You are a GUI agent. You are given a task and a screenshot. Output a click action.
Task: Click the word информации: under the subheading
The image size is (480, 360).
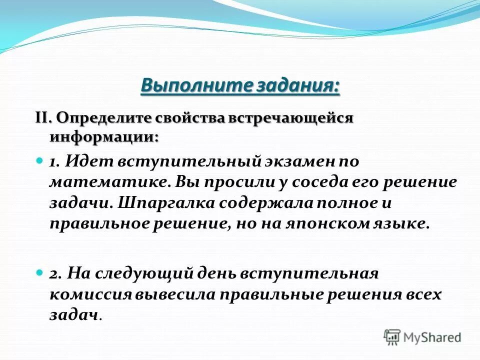click(104, 136)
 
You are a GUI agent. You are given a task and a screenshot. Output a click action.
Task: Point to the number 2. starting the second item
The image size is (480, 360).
click(55, 274)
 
